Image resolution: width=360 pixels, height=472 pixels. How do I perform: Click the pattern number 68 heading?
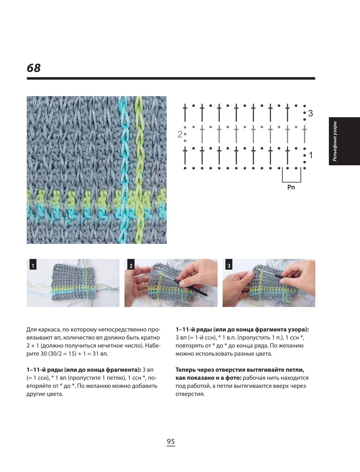pos(34,68)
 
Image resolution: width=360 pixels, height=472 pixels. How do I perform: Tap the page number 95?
pos(171,442)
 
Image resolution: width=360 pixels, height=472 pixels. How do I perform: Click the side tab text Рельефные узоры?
pos(335,141)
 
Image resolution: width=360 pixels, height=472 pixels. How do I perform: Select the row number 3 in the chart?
pos(310,113)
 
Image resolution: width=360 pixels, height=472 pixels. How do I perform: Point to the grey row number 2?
pos(180,134)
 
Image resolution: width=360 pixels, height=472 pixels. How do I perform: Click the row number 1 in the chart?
pos(311,155)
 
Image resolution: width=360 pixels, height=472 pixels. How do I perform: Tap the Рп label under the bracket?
pos(291,187)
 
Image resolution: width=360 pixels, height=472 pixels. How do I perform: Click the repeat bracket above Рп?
pos(291,182)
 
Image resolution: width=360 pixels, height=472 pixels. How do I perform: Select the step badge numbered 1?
pos(33,266)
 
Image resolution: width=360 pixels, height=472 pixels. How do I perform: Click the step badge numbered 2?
pos(131,266)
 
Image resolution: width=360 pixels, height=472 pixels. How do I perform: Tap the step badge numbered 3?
pos(229,266)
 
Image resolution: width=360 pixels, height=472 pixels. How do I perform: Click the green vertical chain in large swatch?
pos(139,170)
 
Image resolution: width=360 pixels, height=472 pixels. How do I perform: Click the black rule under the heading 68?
pos(171,79)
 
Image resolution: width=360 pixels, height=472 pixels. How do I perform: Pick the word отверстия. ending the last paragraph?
pos(190,394)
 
